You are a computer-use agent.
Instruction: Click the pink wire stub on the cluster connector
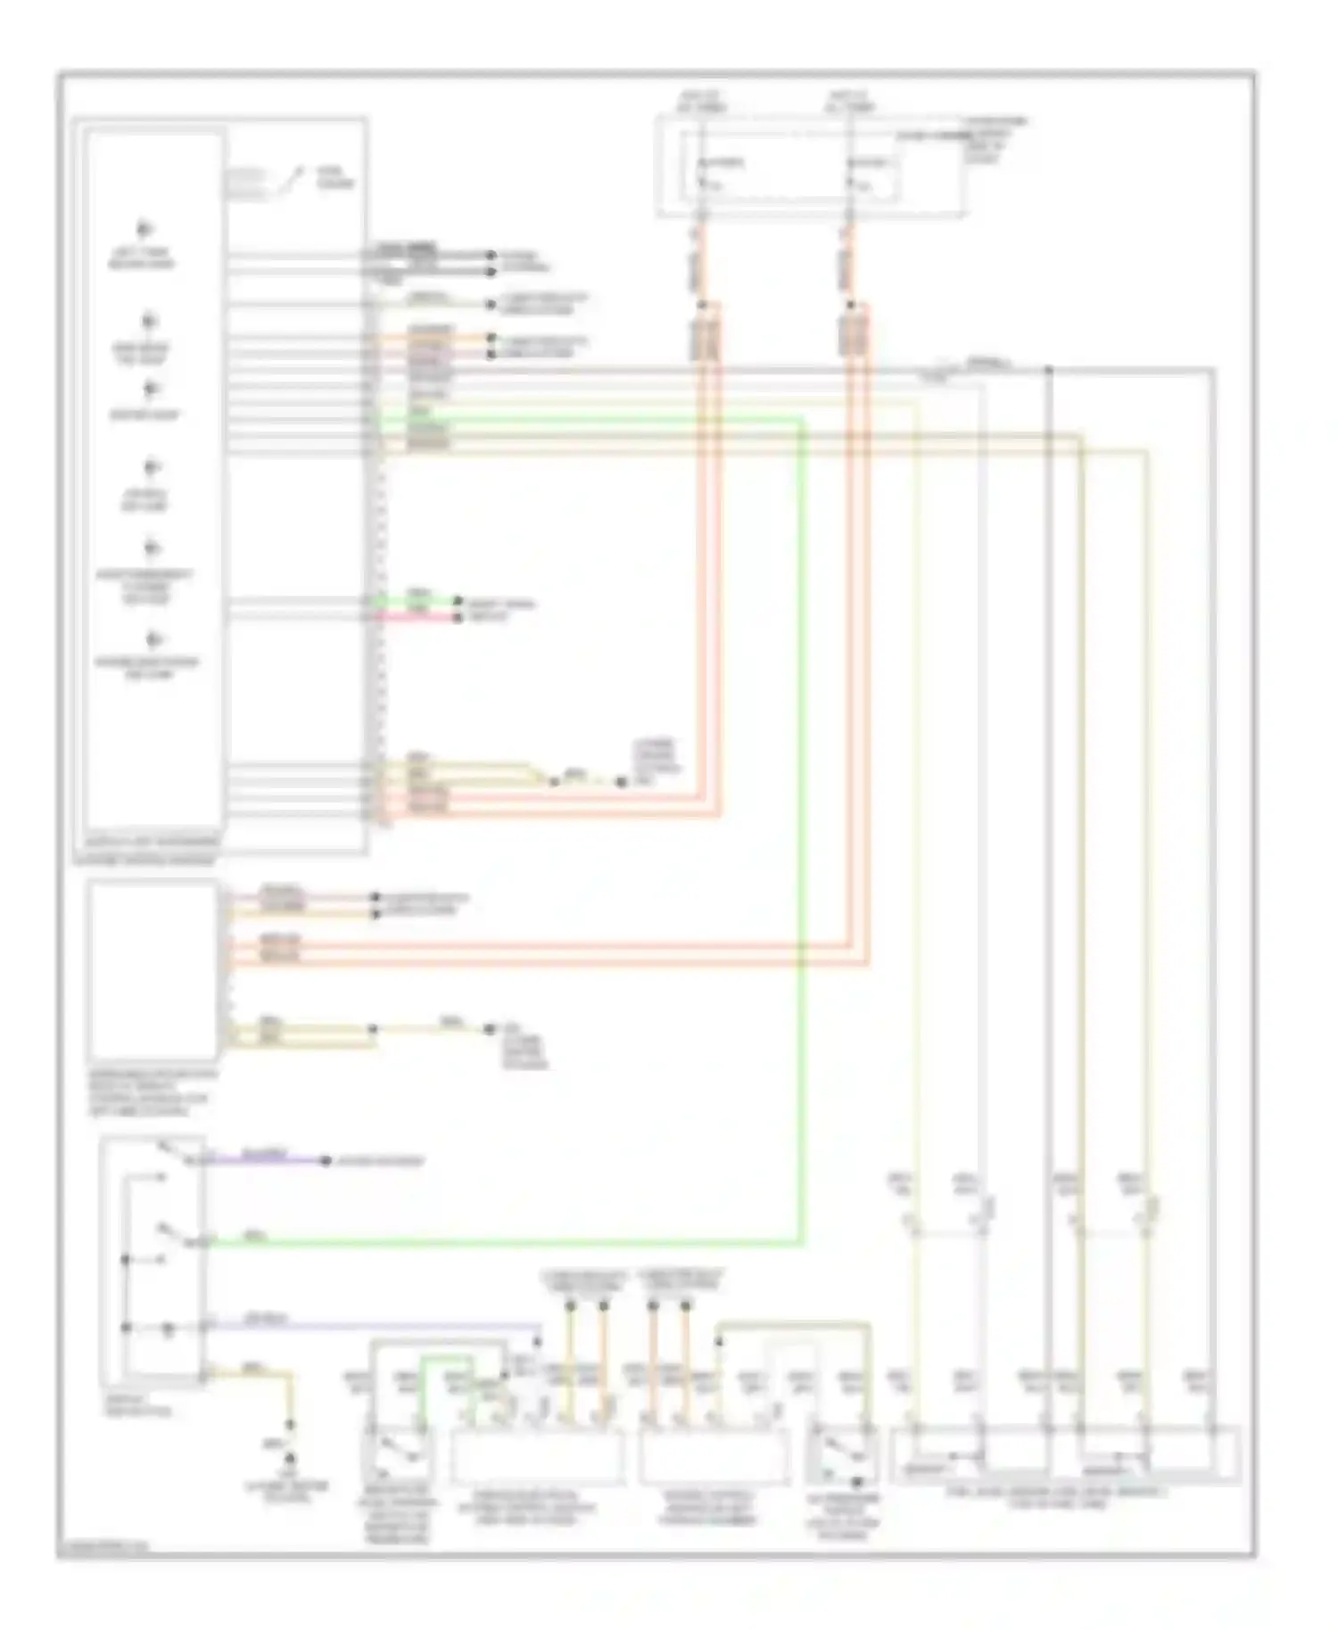point(419,617)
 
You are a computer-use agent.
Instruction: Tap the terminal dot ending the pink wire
point(458,617)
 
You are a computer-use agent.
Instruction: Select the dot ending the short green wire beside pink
point(458,603)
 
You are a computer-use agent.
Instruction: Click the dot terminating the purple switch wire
point(326,1161)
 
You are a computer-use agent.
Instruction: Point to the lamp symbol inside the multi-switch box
point(168,1330)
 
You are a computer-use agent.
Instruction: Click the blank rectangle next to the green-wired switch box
point(537,1456)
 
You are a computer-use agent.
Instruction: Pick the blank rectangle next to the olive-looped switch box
point(714,1456)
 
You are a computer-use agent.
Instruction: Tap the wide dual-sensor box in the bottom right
point(1066,1455)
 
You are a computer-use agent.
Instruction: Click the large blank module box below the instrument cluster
point(153,969)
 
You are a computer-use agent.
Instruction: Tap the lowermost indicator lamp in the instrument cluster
point(154,639)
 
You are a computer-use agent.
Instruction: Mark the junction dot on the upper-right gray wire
point(1049,369)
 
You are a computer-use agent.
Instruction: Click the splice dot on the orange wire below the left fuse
point(702,305)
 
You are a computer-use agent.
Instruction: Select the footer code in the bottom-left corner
point(103,1547)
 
